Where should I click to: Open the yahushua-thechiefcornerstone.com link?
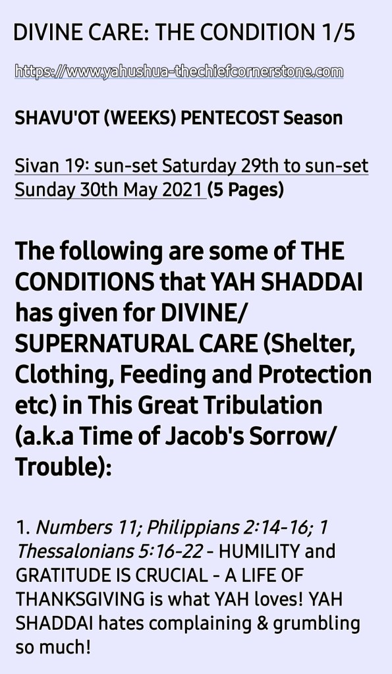pyautogui.click(x=179, y=71)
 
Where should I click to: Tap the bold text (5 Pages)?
pyautogui.click(x=246, y=190)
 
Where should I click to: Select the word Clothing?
pyautogui.click(x=64, y=376)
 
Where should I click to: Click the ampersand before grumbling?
pyautogui.click(x=262, y=623)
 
